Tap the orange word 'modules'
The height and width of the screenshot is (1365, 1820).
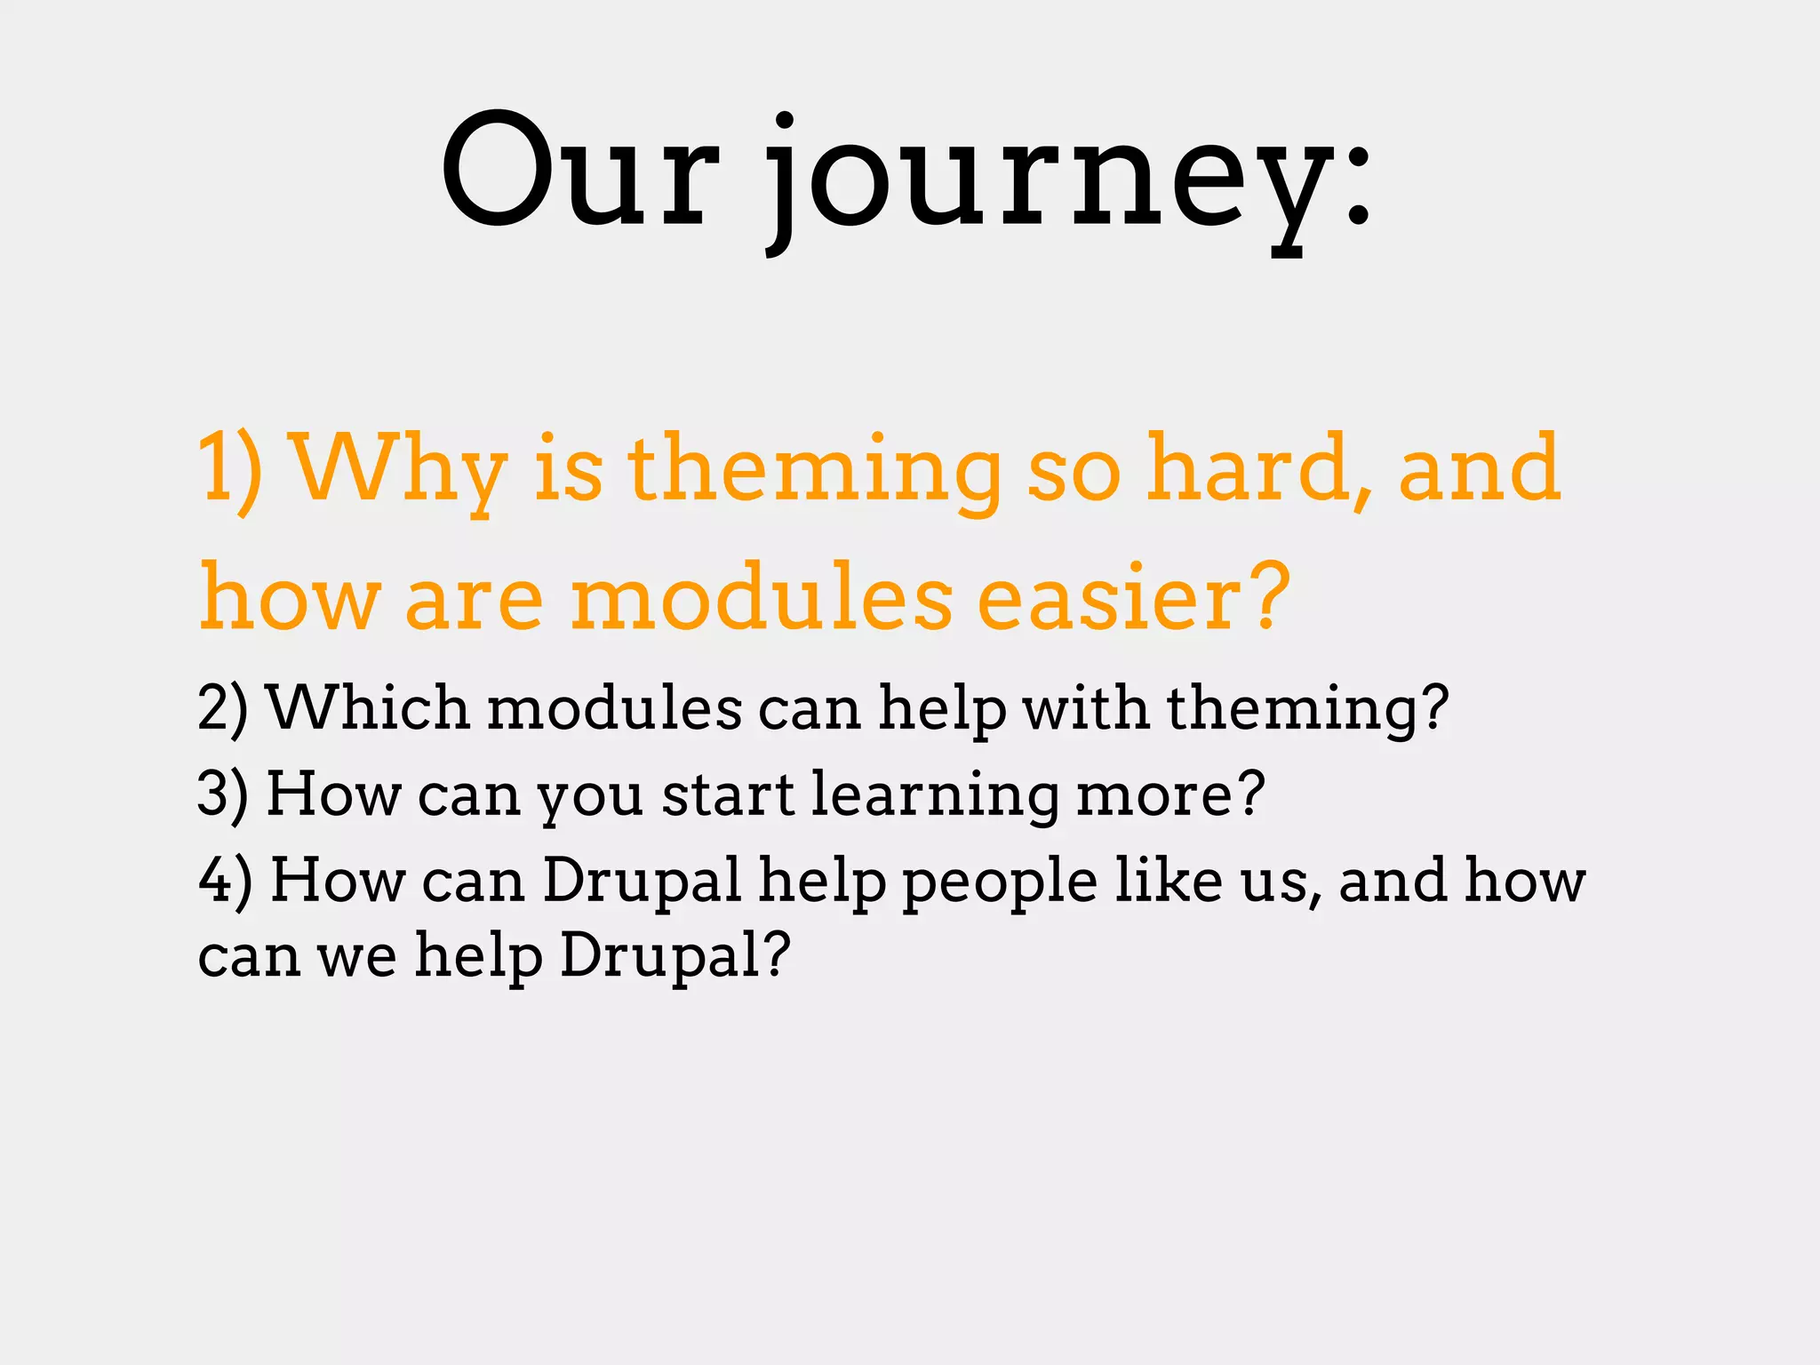762,597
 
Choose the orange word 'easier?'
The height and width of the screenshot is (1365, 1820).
1133,597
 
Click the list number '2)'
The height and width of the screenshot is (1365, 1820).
222,708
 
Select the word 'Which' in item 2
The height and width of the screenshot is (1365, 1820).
368,708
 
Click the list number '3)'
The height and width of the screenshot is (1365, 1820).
222,794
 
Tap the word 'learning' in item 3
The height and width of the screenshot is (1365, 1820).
934,794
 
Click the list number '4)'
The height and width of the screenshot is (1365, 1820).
224,880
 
